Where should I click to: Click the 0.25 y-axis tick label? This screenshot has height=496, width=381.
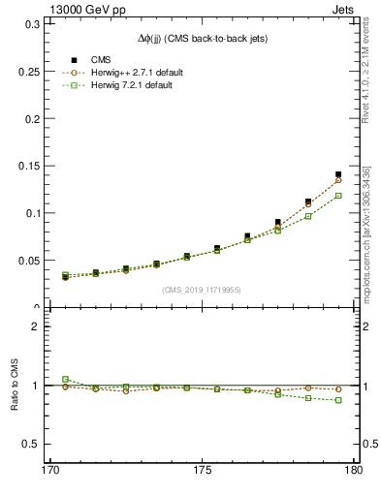point(28,72)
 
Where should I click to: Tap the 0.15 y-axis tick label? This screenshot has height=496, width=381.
point(28,166)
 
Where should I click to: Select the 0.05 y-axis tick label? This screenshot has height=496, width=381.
point(28,261)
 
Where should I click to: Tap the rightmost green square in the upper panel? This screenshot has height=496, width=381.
point(338,196)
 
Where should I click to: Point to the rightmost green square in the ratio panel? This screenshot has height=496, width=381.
point(338,400)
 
